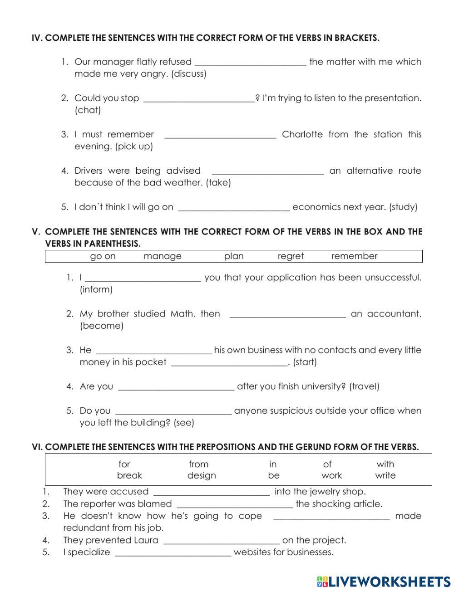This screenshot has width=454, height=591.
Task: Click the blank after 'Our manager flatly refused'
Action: click(x=250, y=62)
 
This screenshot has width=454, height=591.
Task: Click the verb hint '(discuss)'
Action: click(x=188, y=74)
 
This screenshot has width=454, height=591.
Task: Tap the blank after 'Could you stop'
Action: click(x=199, y=98)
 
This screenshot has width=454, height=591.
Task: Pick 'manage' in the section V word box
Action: click(x=162, y=256)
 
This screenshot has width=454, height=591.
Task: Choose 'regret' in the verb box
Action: click(x=291, y=256)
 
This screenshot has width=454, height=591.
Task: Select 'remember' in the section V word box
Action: click(x=354, y=256)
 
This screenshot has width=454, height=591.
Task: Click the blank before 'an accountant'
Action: click(x=287, y=314)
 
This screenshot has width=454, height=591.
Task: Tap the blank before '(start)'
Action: click(x=230, y=362)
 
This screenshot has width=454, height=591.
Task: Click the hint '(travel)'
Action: click(x=364, y=386)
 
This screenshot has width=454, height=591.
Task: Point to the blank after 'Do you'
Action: click(x=173, y=411)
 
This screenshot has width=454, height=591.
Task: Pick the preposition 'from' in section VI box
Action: click(x=198, y=464)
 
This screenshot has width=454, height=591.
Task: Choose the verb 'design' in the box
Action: click(x=202, y=476)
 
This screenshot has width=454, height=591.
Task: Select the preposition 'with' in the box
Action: click(x=385, y=464)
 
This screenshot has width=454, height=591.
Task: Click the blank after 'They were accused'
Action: click(x=212, y=492)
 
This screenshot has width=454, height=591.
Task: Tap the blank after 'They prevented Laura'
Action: click(x=221, y=540)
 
